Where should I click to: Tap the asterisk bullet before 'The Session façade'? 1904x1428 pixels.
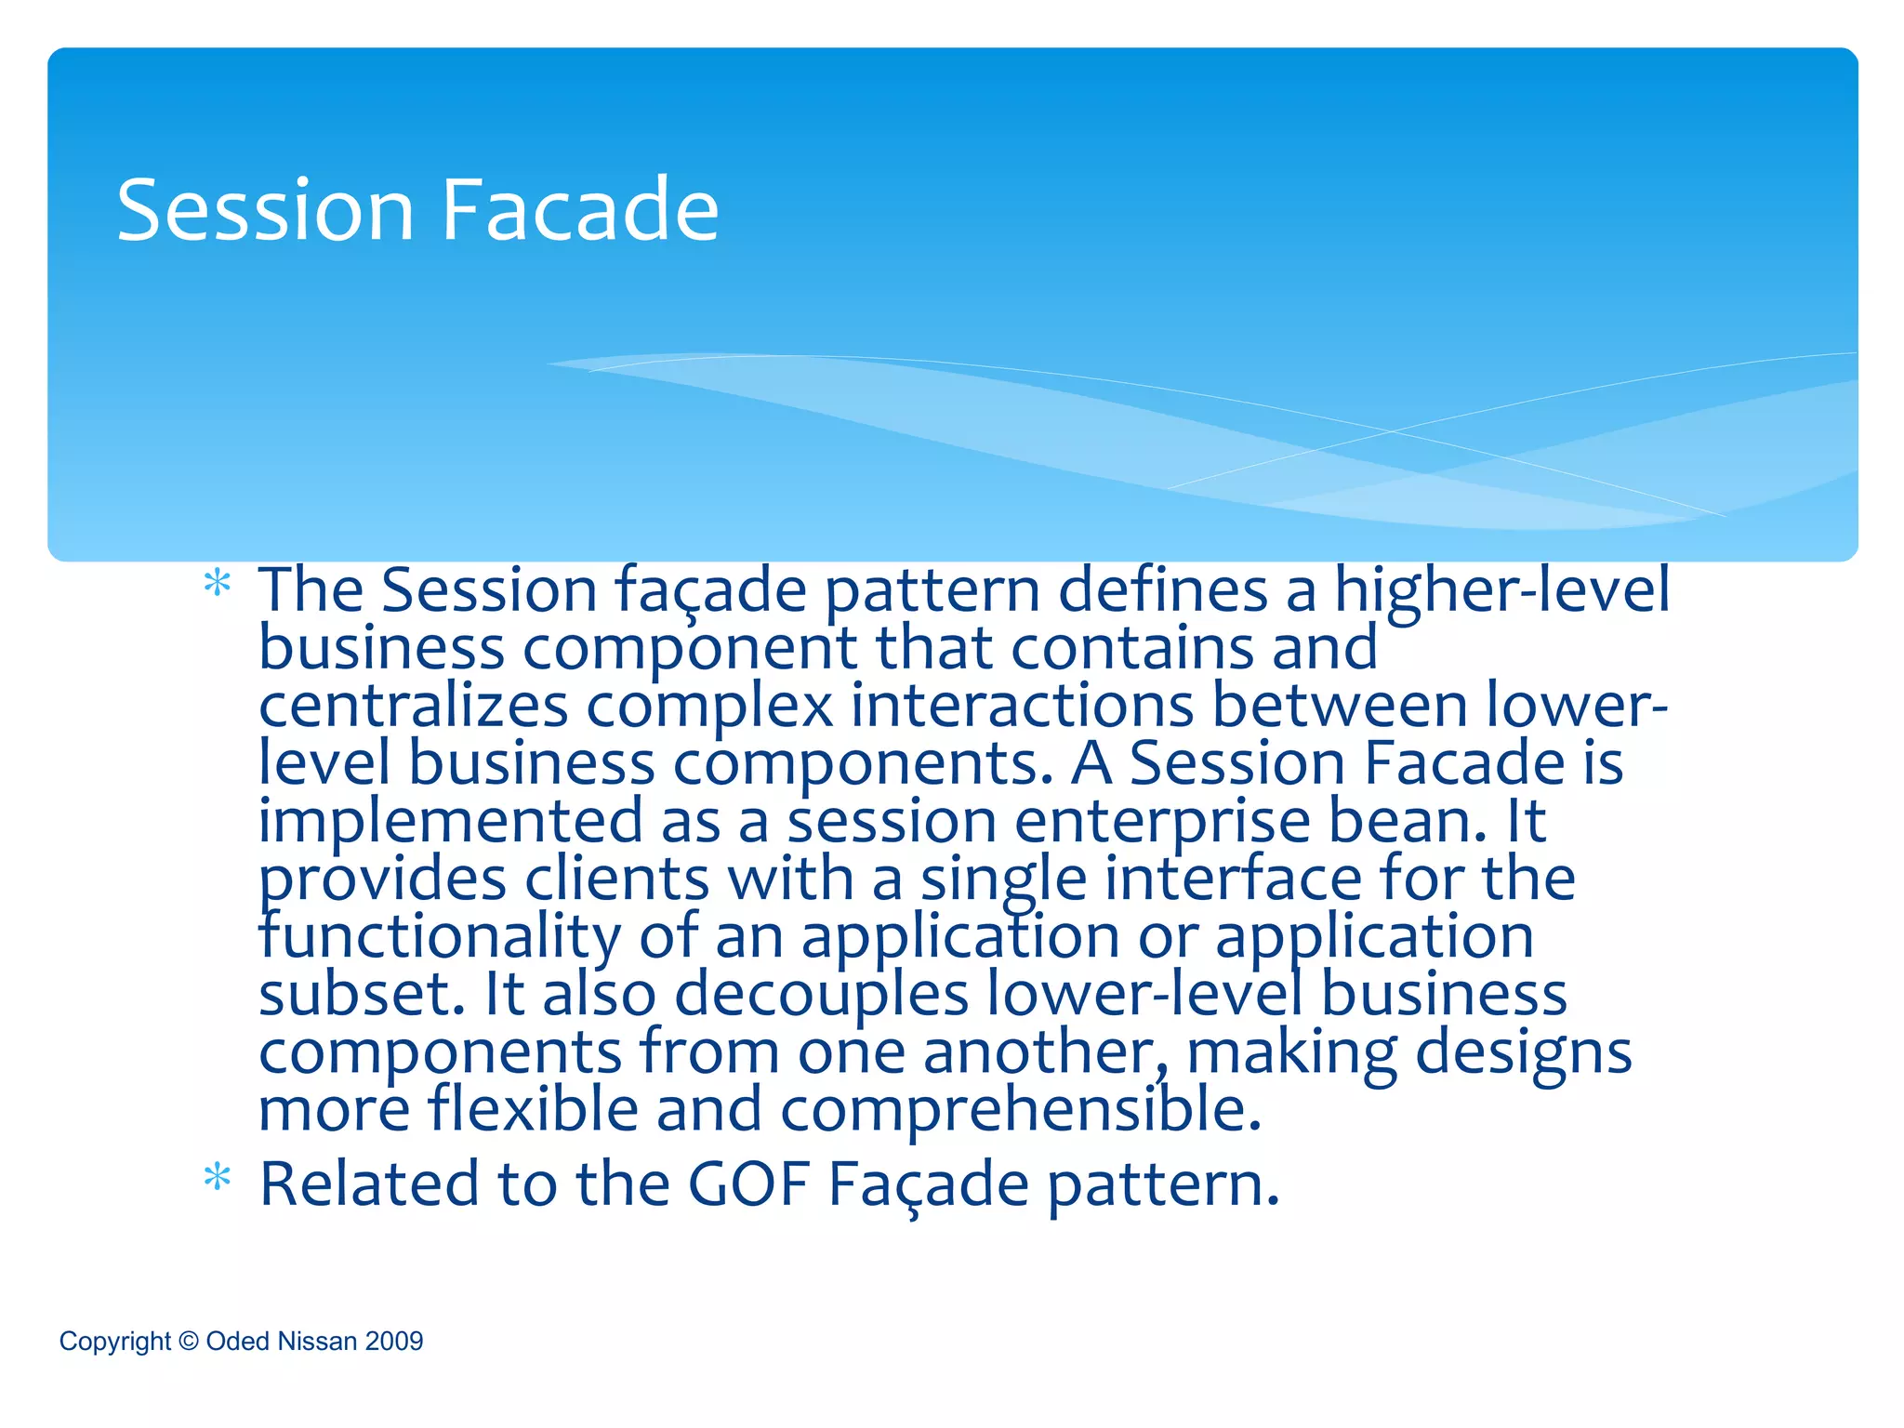(217, 584)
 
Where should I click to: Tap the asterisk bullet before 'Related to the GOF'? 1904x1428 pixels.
(217, 1177)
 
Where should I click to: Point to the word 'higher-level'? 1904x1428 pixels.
(1501, 591)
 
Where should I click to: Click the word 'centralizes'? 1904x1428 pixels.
(413, 706)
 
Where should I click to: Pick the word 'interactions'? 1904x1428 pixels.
(1022, 706)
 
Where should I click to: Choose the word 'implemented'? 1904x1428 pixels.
(450, 821)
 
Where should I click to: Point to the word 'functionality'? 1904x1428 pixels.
(439, 937)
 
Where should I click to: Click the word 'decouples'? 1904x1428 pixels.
(821, 995)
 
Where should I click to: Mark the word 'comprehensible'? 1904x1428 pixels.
(1020, 1110)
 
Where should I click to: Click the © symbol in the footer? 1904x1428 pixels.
(189, 1341)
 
